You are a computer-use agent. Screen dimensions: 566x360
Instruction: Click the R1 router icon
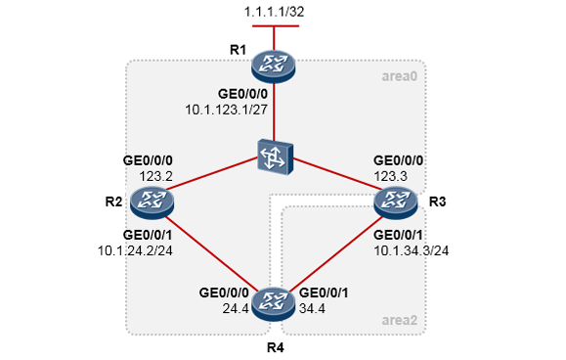(274, 67)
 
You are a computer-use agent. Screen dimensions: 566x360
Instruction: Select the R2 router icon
(152, 202)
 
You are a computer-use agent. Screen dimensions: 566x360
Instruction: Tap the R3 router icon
(396, 202)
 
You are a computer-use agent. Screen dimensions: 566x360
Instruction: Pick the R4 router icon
(274, 304)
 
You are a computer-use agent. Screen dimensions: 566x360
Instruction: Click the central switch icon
(275, 158)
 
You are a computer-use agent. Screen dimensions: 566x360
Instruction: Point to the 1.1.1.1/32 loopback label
(274, 12)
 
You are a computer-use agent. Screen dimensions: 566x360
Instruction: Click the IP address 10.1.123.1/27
(227, 110)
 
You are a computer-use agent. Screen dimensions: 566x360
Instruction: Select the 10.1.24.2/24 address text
(135, 250)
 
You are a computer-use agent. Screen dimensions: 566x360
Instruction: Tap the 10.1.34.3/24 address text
(412, 250)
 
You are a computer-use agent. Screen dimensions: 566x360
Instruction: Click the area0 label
(400, 76)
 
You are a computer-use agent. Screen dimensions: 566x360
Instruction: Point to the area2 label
(400, 320)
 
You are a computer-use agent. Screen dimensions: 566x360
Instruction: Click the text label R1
(238, 50)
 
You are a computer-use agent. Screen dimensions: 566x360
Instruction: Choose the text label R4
(275, 347)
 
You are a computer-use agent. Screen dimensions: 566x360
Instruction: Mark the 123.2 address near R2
(156, 176)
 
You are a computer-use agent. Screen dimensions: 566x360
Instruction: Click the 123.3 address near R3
(390, 176)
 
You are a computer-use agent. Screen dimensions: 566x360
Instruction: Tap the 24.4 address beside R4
(236, 309)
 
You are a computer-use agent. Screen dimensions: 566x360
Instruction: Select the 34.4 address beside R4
(312, 309)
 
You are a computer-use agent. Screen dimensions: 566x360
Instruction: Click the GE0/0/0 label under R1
(243, 94)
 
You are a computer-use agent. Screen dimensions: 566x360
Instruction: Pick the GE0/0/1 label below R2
(148, 235)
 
